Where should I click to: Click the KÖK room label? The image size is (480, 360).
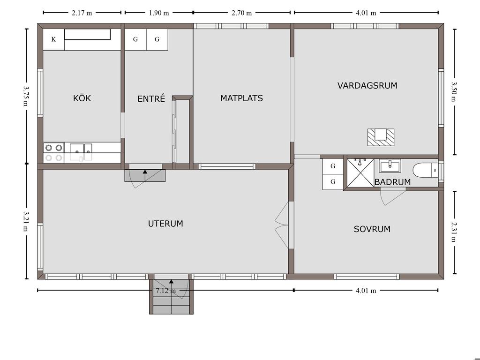coord(82,98)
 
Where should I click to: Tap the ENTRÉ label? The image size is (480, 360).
coord(151,98)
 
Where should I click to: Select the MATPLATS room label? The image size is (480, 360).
coord(241,98)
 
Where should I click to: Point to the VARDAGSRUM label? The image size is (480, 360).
coord(367,85)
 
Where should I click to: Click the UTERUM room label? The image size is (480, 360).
coord(165,224)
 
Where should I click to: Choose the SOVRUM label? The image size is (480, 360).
coord(372,229)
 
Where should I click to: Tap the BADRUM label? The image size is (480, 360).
coord(392,182)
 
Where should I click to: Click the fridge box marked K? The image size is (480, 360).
coord(53,39)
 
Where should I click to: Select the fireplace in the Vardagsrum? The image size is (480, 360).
coord(381,137)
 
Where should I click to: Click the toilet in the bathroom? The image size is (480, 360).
coord(425,170)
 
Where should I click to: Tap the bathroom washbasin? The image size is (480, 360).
coord(390,165)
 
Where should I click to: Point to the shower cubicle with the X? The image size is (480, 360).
coord(360,173)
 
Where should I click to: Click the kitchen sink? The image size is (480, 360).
coord(81,152)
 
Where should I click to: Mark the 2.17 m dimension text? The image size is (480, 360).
coord(82,13)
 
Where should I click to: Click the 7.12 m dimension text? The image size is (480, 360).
coord(165,291)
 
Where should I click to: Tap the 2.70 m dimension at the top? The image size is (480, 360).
coord(241,13)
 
